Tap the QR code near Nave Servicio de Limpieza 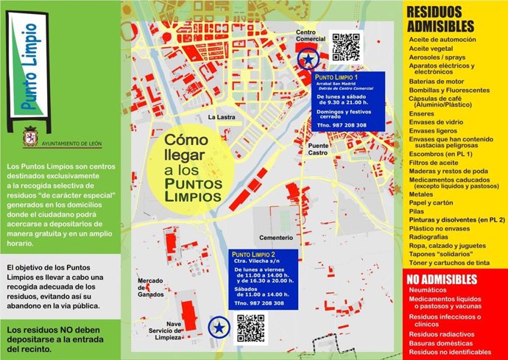pos(250,328)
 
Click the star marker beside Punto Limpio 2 pos(218,326)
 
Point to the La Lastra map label pos(221,116)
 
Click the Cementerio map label pos(275,238)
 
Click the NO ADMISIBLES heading pos(442,279)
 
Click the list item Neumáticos pos(430,291)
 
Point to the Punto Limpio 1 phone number pos(341,126)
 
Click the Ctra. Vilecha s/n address pos(254,260)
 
